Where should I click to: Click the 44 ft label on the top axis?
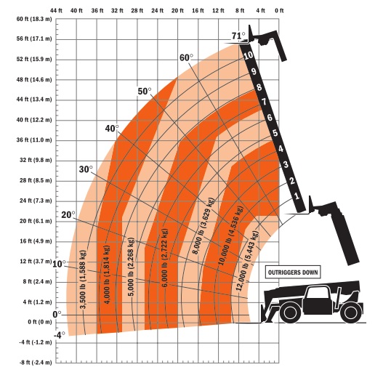coord(56,10)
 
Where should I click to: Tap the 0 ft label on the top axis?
coord(279,10)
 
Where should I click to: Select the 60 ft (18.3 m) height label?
coord(34,19)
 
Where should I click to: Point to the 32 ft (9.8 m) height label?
coord(36,160)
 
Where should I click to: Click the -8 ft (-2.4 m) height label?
coord(36,362)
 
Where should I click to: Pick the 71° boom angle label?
coord(238,36)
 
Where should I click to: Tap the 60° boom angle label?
coord(186,57)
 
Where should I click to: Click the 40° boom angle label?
coord(112,128)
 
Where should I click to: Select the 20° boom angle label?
coord(68,214)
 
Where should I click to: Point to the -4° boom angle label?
coord(59,335)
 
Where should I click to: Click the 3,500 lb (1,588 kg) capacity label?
coord(84,279)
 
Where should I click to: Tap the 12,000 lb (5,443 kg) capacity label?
coord(247,261)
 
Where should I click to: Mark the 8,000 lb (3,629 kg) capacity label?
coord(203,226)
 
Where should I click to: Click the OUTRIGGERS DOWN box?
coord(293,273)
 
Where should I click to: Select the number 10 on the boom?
coord(248,56)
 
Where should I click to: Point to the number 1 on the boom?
coord(297,196)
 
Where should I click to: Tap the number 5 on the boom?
coord(275,133)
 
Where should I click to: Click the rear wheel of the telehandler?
coord(350,312)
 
